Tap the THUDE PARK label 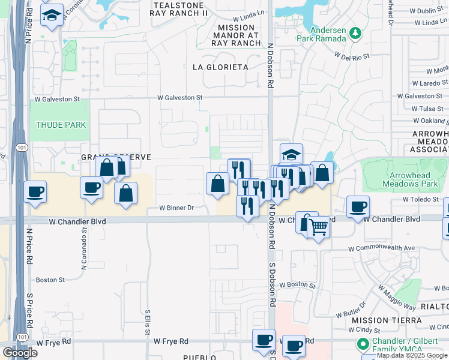pyautogui.click(x=61, y=125)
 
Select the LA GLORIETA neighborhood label pyautogui.click(x=220, y=67)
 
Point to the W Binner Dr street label pyautogui.click(x=176, y=208)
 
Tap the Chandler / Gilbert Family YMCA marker pyautogui.click(x=363, y=344)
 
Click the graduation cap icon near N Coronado pyautogui.click(x=52, y=14)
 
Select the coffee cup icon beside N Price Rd pyautogui.click(x=35, y=192)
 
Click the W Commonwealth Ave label pyautogui.click(x=382, y=248)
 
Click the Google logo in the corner pyautogui.click(x=20, y=353)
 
